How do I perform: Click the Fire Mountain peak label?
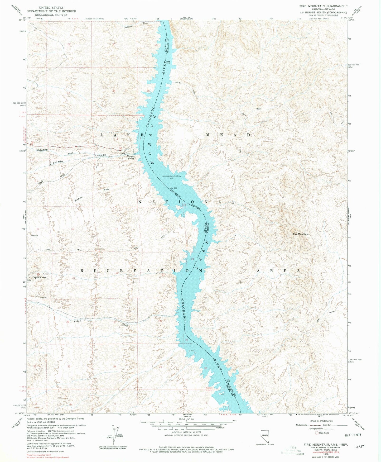300,234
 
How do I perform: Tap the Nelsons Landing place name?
130,157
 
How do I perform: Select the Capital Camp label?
39,278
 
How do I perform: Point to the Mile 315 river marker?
173,188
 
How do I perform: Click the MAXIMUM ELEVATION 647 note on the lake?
172,177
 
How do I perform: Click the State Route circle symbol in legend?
317,433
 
